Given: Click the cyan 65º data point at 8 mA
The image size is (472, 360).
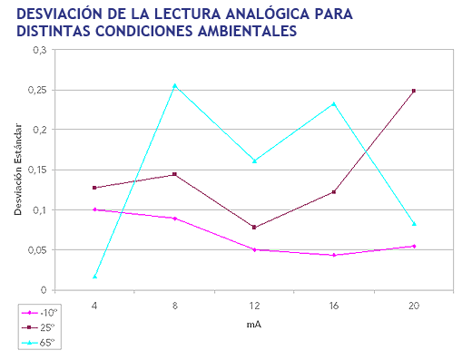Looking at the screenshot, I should point(174,86).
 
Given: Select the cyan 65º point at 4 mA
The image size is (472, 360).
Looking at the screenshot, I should point(94,277).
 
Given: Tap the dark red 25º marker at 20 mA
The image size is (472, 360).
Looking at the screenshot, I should point(414,91).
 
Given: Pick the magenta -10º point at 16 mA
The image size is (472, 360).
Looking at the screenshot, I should point(334,255).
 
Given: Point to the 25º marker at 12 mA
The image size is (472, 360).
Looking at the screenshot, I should point(254,227).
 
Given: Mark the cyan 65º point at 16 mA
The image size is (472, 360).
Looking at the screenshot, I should point(334,103).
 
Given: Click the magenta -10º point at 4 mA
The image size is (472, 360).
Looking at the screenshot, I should point(94,209).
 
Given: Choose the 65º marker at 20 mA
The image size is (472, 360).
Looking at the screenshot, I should point(414,223).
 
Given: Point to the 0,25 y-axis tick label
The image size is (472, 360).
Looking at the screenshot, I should point(37,90).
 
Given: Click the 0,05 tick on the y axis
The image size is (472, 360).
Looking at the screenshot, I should point(37,249).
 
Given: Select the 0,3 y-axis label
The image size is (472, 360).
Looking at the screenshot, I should point(41,50).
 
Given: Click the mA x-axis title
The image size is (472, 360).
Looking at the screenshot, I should point(254,324).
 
